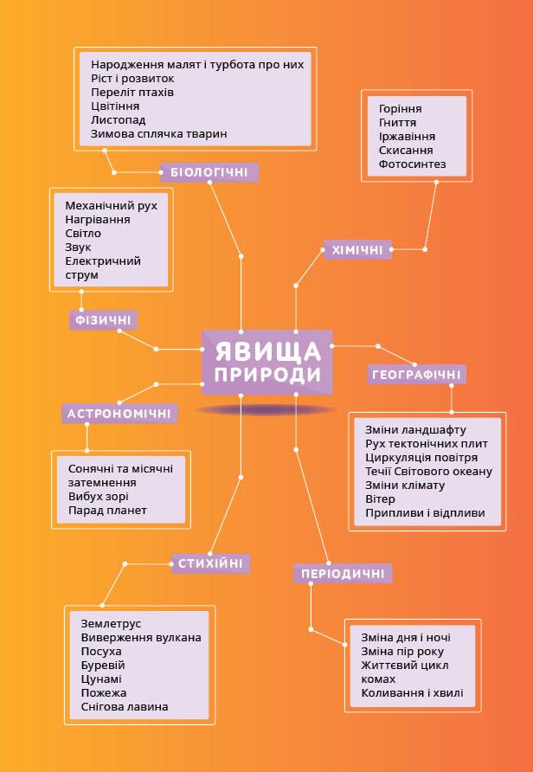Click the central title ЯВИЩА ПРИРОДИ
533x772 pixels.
point(266,363)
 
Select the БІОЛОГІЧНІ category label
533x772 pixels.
point(209,172)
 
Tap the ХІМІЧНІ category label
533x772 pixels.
point(357,250)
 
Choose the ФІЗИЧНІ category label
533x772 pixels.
point(102,320)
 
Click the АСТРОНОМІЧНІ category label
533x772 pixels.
point(119,414)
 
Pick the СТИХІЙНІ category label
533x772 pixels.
point(211,564)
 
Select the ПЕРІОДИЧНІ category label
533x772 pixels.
point(343,574)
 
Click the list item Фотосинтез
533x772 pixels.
point(412,164)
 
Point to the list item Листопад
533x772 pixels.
point(118,119)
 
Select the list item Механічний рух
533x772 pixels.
point(111,206)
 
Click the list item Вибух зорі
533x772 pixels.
point(98,497)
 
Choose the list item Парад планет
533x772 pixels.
point(107,511)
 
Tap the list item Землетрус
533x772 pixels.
point(111,623)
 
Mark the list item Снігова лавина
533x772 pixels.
point(124,707)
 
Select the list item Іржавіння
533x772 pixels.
point(407,137)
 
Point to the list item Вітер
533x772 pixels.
point(380,499)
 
